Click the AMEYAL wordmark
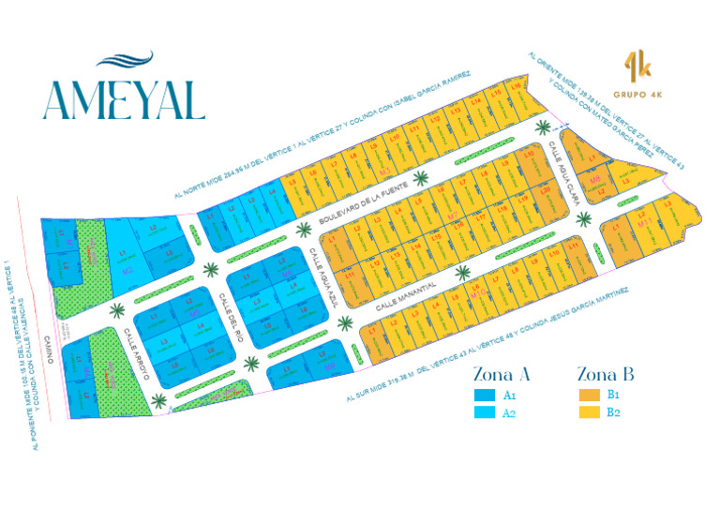123,99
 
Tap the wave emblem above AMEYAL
124,62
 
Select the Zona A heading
502,373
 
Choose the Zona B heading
606,373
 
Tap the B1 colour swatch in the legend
588,395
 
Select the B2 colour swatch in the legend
588,412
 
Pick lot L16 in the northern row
515,85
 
